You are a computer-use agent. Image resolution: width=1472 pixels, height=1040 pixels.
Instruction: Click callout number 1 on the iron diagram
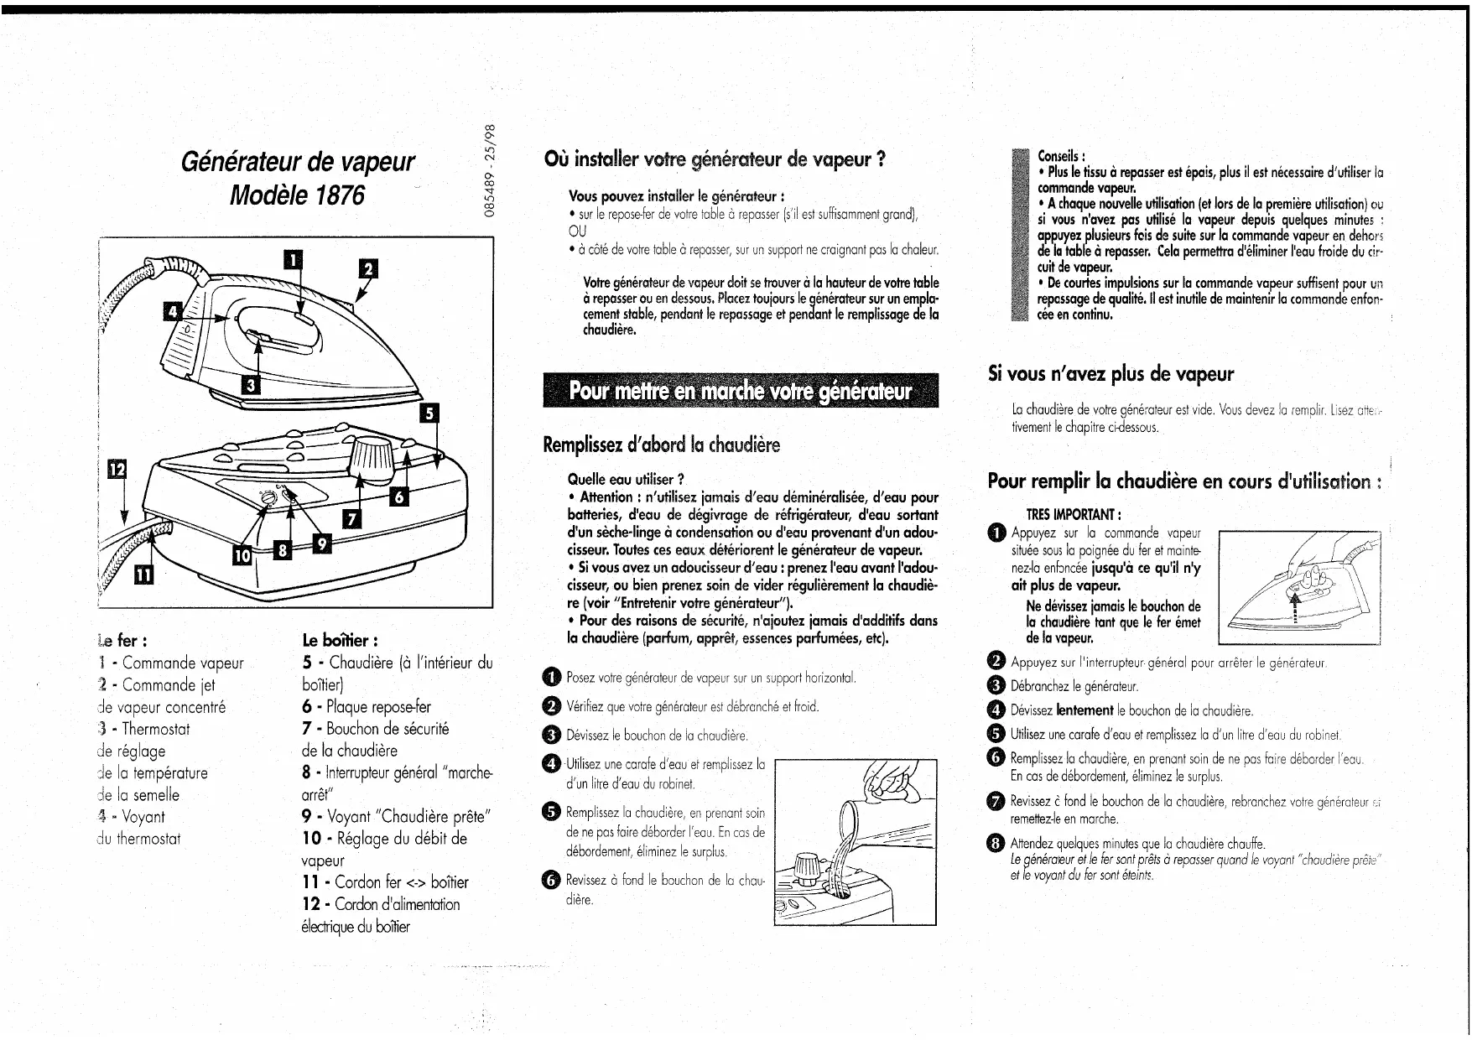click(293, 259)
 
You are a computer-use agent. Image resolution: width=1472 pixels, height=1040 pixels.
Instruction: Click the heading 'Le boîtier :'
click(339, 642)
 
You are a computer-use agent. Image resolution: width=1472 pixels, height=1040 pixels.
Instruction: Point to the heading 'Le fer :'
click(123, 642)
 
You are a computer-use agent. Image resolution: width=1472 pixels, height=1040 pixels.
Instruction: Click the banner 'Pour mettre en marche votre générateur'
click(741, 392)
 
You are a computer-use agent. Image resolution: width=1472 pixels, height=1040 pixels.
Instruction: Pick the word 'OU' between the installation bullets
click(577, 231)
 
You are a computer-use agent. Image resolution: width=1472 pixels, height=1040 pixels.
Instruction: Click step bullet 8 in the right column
click(996, 844)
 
